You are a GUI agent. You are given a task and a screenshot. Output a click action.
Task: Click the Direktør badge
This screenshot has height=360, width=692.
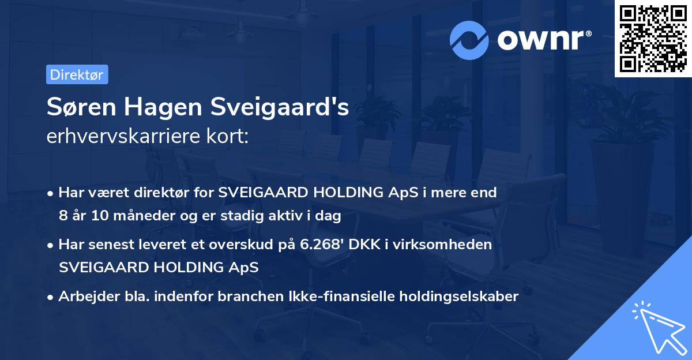[x=77, y=74]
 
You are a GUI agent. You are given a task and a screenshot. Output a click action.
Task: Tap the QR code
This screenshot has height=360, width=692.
[x=653, y=38]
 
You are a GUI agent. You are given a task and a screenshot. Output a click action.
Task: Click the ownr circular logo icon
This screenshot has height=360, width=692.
[x=469, y=40]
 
